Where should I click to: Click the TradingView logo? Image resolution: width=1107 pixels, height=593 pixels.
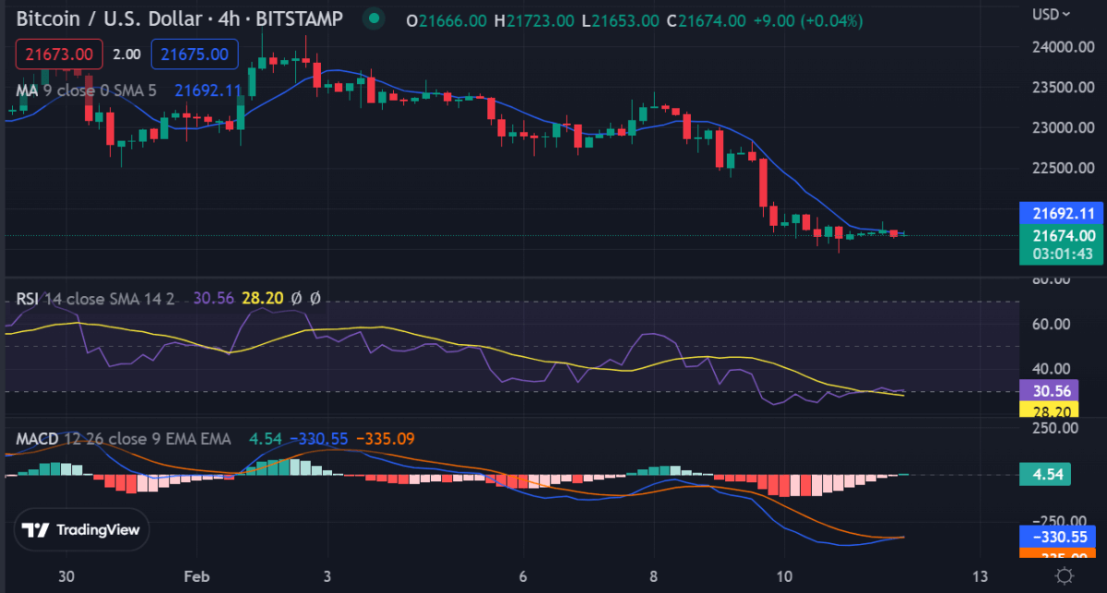pyautogui.click(x=81, y=529)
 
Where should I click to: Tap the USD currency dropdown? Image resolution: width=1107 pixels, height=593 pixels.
pyautogui.click(x=1052, y=14)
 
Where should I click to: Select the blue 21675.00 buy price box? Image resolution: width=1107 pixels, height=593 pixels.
pyautogui.click(x=194, y=54)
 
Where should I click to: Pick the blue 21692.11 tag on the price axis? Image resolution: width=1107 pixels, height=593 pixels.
pyautogui.click(x=1063, y=212)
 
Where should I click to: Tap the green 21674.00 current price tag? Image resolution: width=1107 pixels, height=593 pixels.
pyautogui.click(x=1063, y=237)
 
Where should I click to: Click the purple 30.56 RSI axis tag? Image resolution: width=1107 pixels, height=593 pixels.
pyautogui.click(x=1052, y=392)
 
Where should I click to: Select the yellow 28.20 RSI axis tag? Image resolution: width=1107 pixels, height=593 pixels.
pyautogui.click(x=1052, y=410)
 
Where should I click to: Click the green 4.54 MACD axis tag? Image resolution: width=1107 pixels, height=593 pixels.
pyautogui.click(x=1051, y=476)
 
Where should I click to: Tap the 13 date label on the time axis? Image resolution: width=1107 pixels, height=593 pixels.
pyautogui.click(x=981, y=576)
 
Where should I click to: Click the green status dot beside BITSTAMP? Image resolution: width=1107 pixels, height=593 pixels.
pyautogui.click(x=373, y=18)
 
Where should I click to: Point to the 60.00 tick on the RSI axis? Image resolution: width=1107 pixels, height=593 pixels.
pyautogui.click(x=1052, y=325)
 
